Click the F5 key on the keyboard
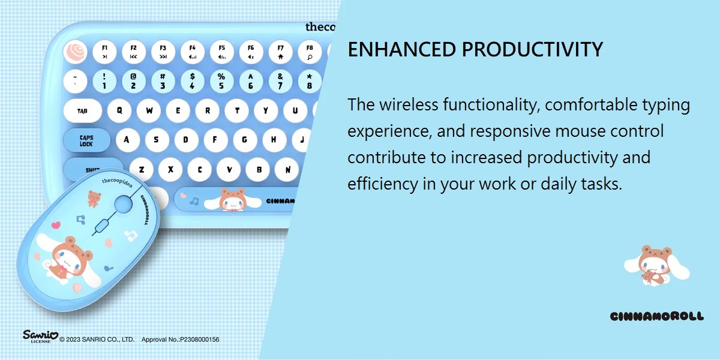click(222, 52)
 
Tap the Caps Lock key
click(86, 140)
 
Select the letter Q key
click(119, 110)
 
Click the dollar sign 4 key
click(192, 81)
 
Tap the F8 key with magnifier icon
click(310, 52)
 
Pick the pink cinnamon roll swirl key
click(75, 52)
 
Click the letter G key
click(245, 140)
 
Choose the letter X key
click(170, 169)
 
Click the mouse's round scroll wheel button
click(124, 204)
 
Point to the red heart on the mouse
click(56, 224)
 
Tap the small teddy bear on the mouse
click(94, 199)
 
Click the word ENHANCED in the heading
click(402, 49)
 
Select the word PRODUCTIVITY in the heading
click(532, 49)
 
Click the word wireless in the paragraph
click(409, 104)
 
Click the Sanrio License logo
click(40, 336)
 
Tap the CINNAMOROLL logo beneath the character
click(656, 316)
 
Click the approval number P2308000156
click(200, 340)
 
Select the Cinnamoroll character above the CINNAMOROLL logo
click(656, 265)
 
